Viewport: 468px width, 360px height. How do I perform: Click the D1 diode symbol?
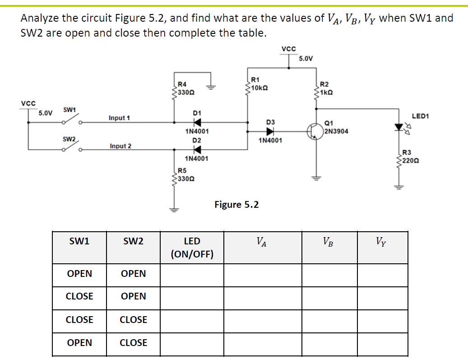(197, 122)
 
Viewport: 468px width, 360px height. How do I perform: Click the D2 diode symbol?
(197, 150)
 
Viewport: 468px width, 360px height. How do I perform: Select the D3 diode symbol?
(270, 131)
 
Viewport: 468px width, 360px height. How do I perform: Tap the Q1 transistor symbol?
(315, 131)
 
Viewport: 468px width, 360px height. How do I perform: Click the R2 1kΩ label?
(326, 88)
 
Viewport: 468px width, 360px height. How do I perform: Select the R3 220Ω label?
(409, 156)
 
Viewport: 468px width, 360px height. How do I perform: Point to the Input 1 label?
(119, 118)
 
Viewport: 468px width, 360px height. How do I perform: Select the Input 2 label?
(120, 146)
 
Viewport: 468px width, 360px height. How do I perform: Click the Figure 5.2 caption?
(236, 205)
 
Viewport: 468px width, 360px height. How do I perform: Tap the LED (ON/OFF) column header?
(192, 248)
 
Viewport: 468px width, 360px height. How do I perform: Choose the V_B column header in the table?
(329, 242)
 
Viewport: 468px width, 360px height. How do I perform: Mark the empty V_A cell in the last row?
(262, 343)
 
